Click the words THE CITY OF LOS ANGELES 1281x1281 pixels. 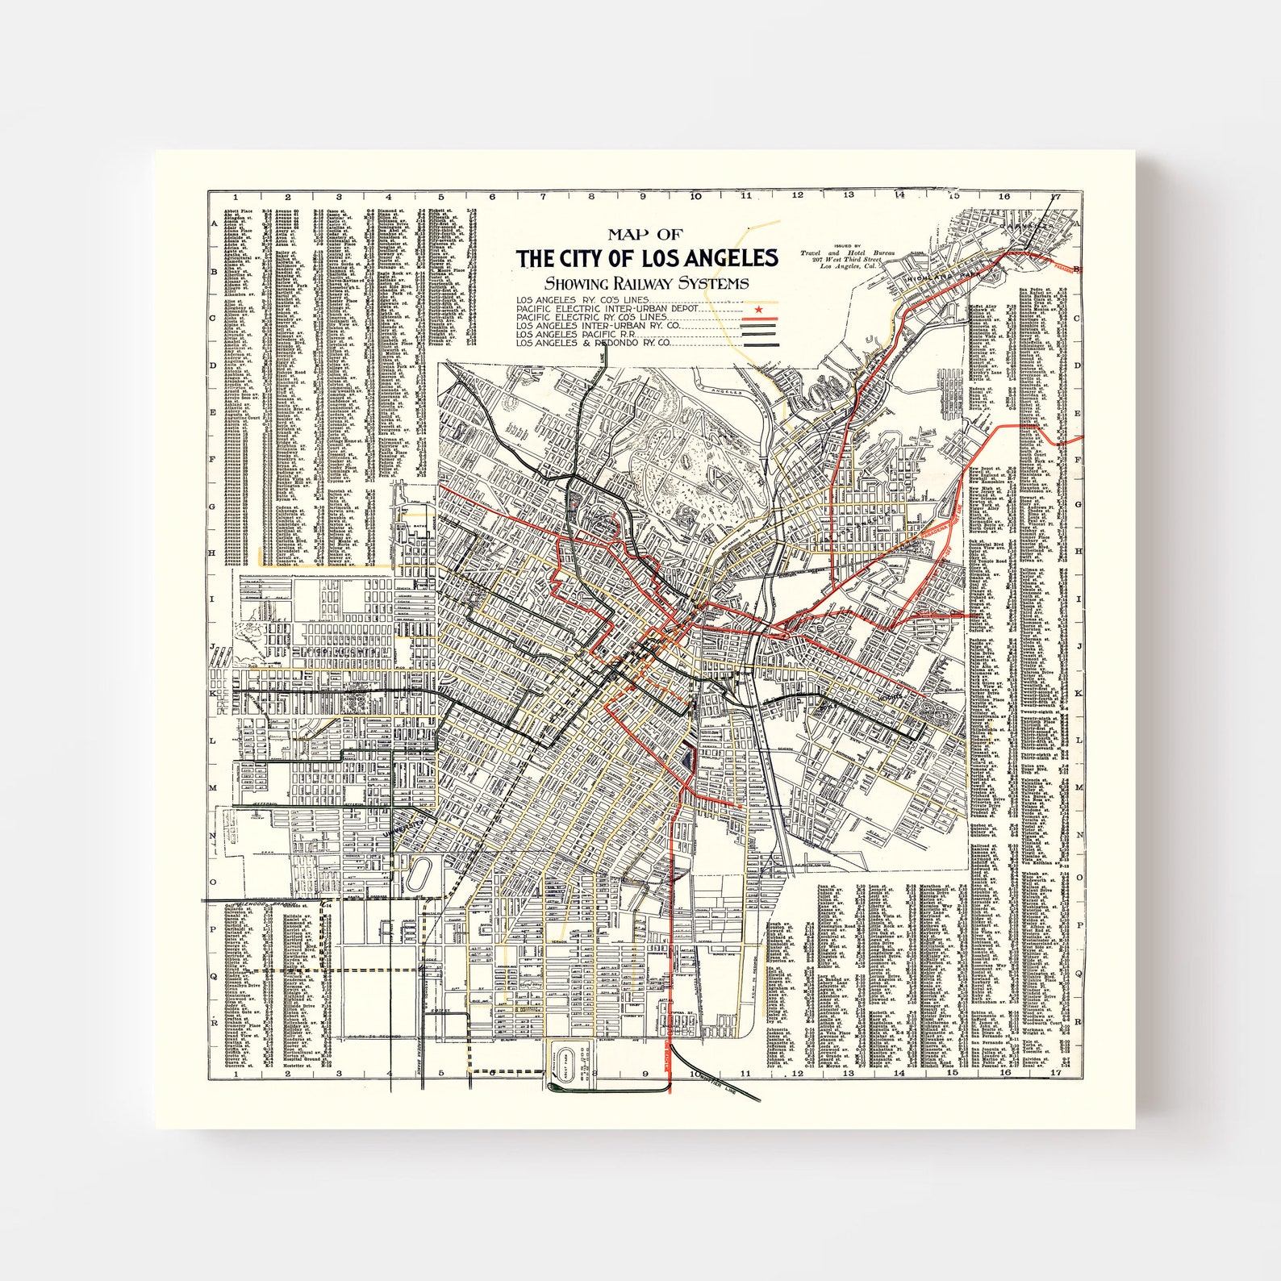pos(647,259)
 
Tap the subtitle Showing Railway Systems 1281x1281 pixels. pos(645,283)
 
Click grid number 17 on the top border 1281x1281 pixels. pos(1055,196)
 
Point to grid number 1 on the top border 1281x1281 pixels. pos(236,196)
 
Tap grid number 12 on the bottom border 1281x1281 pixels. pos(797,1074)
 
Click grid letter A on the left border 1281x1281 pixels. pos(215,225)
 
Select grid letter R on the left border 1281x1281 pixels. pos(215,1022)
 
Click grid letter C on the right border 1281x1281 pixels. pos(1077,318)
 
